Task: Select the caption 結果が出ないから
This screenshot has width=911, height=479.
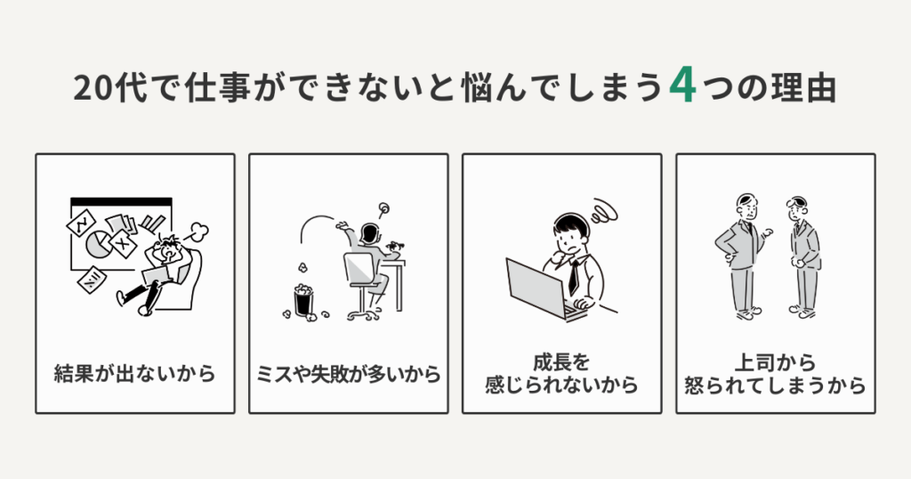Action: [x=135, y=374]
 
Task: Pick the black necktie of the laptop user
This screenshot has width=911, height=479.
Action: [x=573, y=277]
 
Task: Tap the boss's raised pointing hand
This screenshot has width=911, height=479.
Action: [x=767, y=232]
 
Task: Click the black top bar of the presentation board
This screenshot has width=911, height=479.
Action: [x=120, y=201]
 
